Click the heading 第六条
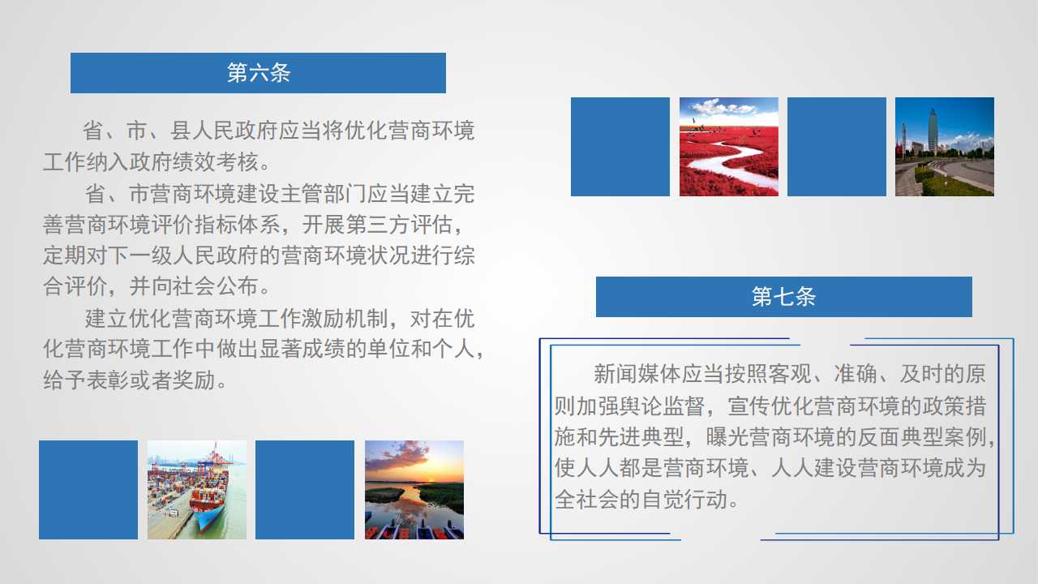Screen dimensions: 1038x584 tap(259, 73)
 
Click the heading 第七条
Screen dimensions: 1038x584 tap(783, 297)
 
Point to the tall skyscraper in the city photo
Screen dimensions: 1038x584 tap(933, 131)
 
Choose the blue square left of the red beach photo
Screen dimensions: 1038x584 tap(620, 147)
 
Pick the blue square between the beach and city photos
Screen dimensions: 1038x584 tap(837, 147)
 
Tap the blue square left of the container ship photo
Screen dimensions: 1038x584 tap(88, 490)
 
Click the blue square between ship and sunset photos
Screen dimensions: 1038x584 tap(305, 490)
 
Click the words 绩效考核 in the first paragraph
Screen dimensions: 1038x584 tap(216, 161)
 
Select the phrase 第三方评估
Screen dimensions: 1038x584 tap(399, 225)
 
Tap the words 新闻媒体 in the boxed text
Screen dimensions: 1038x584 tap(637, 374)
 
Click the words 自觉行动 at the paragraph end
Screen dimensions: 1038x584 tap(684, 500)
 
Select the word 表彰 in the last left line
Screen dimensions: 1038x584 tap(108, 381)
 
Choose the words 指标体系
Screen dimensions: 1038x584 tap(238, 225)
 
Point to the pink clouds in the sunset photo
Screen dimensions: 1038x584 tap(398, 454)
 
